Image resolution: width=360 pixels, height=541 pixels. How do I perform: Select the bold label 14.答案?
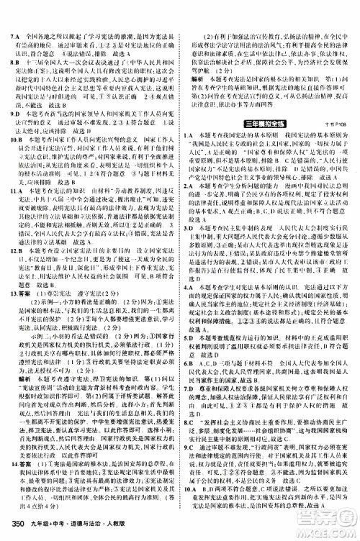(19, 462)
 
